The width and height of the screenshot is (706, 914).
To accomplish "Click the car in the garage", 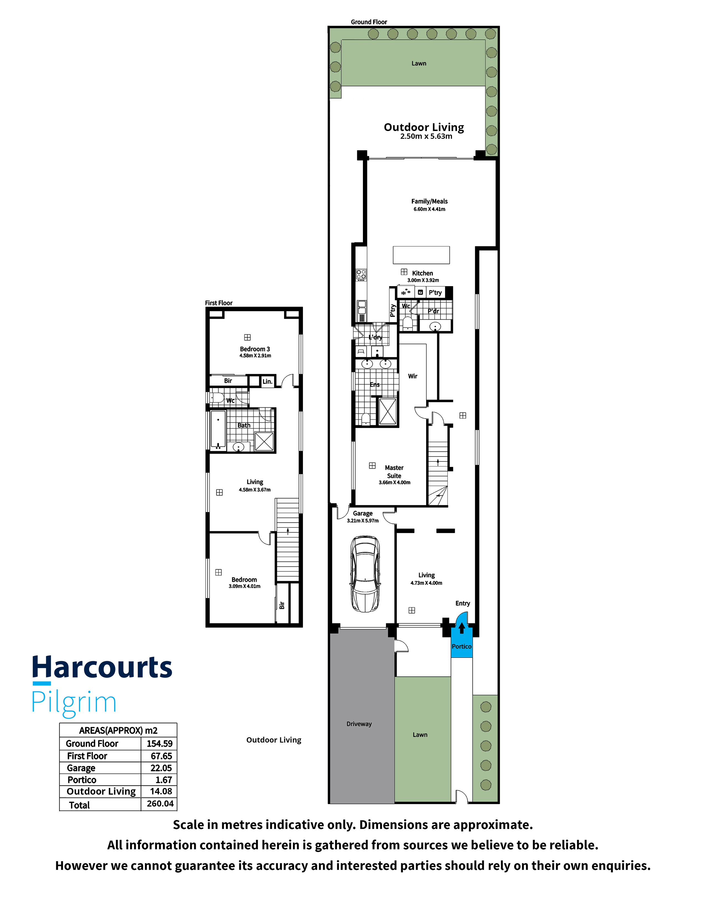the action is click(x=365, y=574).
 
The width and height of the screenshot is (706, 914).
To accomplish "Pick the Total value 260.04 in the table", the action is click(x=160, y=803).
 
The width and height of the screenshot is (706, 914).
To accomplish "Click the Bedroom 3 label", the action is click(x=255, y=349).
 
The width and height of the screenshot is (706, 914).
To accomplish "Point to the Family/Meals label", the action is click(x=429, y=201).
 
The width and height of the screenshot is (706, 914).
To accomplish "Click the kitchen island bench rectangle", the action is click(x=421, y=255).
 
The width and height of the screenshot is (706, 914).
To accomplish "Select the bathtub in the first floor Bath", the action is click(x=218, y=430).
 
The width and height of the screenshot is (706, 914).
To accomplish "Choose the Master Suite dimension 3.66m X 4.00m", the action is click(x=395, y=482).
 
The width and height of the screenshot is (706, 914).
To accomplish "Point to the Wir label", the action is click(x=413, y=376).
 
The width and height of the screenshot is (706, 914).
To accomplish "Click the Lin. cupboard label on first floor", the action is click(x=267, y=381).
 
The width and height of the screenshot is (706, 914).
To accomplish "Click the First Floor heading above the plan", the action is click(x=219, y=303).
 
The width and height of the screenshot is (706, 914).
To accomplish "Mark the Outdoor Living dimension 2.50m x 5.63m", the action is click(x=426, y=137).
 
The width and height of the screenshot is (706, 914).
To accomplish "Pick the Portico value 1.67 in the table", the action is click(x=164, y=780).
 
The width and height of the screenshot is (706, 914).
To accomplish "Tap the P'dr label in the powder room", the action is click(x=433, y=311).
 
